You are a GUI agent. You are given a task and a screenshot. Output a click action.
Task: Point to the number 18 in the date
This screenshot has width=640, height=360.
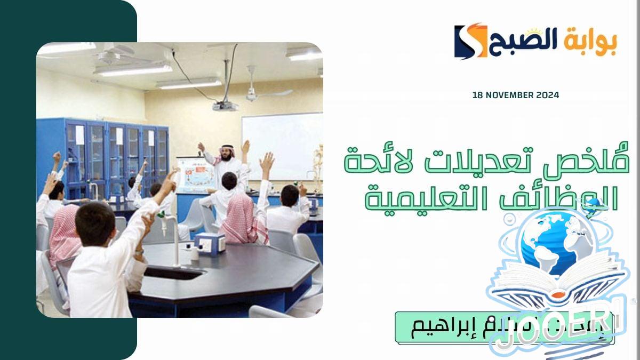click(x=477, y=95)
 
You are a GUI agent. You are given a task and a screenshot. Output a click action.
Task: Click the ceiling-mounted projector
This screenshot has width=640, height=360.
click(x=225, y=105)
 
